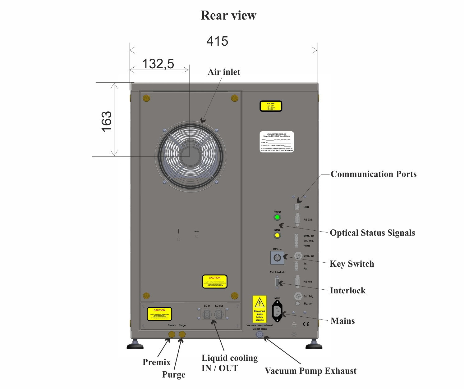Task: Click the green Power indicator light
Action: tap(277, 217)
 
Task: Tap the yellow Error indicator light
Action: tap(277, 235)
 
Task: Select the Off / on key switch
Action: tap(277, 258)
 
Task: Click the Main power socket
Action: tap(277, 311)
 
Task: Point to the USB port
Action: tap(297, 207)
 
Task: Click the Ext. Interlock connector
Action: tap(277, 283)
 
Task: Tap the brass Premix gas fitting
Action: tap(172, 334)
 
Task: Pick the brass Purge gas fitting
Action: tap(182, 334)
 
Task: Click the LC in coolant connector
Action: tap(207, 314)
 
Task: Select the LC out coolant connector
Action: tap(219, 314)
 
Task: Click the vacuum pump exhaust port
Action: tap(259, 335)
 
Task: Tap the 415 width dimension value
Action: tap(217, 41)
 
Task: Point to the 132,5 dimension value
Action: tap(158, 64)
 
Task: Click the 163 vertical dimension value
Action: tap(106, 121)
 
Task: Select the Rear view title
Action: tap(228, 15)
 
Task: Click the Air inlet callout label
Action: tap(224, 72)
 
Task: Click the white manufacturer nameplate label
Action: tap(277, 142)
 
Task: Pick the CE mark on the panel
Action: tap(306, 324)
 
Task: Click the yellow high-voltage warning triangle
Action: tap(260, 302)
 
